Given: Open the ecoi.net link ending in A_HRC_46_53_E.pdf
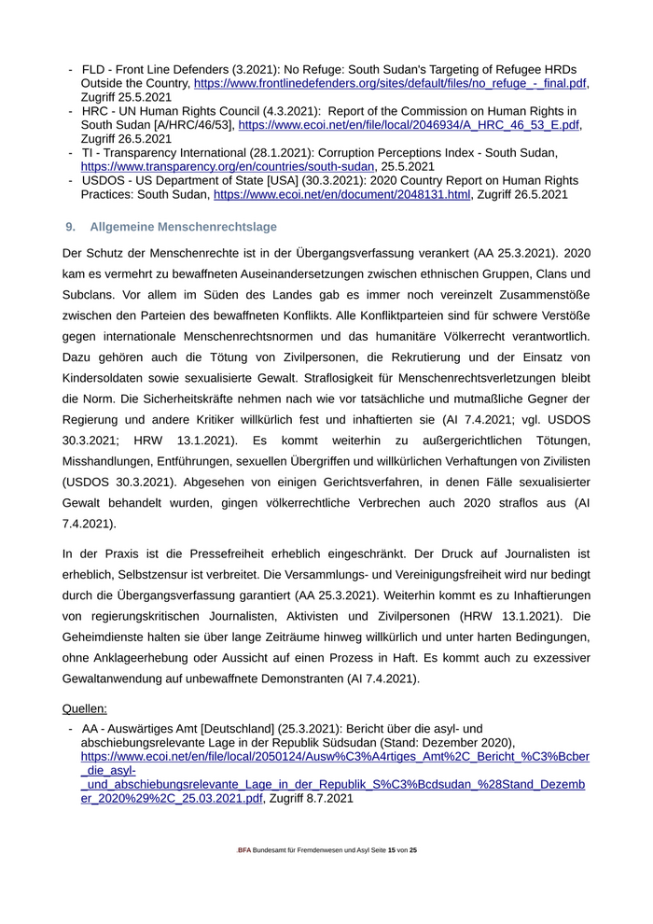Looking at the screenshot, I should point(409,124).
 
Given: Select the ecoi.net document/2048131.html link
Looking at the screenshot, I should point(342,195).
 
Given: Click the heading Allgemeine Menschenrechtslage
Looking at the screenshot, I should point(183,227).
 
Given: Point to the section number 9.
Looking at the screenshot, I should point(69,227).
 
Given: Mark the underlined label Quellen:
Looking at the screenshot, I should point(84,708).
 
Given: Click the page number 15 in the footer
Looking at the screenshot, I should point(392,850).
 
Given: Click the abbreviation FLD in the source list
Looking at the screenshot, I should point(94,70).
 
